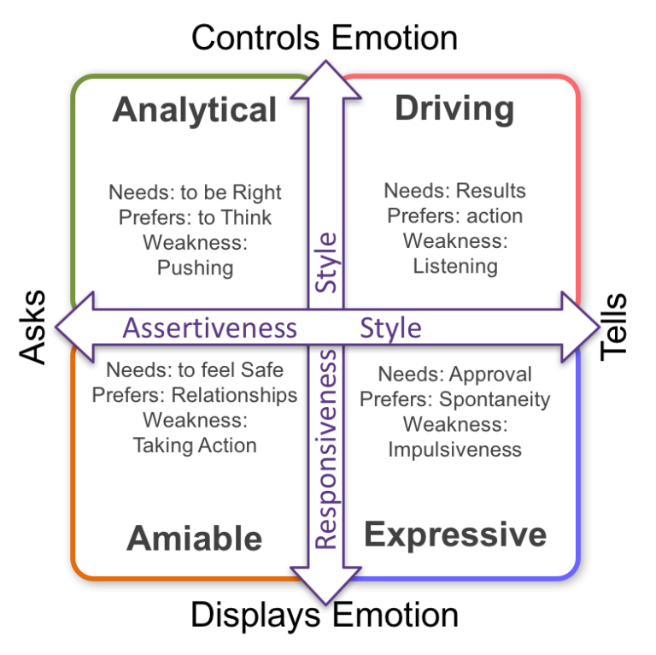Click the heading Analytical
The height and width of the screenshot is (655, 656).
pyautogui.click(x=195, y=111)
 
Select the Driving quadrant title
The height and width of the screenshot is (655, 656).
pyautogui.click(x=454, y=109)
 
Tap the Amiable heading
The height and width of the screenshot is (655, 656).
pyautogui.click(x=195, y=539)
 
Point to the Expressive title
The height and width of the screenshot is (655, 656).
pyautogui.click(x=455, y=534)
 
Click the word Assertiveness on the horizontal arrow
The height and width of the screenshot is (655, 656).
pyautogui.click(x=210, y=328)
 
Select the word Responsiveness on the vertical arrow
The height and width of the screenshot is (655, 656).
pyautogui.click(x=326, y=450)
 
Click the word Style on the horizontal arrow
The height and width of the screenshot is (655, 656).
pyautogui.click(x=390, y=328)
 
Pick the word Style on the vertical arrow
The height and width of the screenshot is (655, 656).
pyautogui.click(x=326, y=263)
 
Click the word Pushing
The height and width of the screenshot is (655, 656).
pyautogui.click(x=195, y=268)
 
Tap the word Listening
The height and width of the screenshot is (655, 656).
pyautogui.click(x=455, y=266)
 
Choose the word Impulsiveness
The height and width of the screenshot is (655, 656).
pyautogui.click(x=454, y=449)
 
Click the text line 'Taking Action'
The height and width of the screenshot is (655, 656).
pyautogui.click(x=195, y=445)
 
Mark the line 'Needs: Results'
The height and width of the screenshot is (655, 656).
pyautogui.click(x=454, y=191)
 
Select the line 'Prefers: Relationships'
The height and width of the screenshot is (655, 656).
pyautogui.click(x=195, y=395)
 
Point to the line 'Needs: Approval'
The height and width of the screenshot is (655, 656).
pyautogui.click(x=454, y=375)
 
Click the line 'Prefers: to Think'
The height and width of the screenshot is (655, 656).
pyautogui.click(x=195, y=217)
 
